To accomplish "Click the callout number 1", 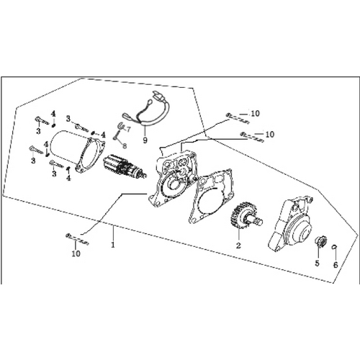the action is (x=112, y=245).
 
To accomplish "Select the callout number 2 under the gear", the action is (x=238, y=246).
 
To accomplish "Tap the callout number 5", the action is (x=318, y=264).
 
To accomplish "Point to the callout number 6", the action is (x=336, y=265).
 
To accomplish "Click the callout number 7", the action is (x=128, y=130).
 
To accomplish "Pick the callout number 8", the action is (x=125, y=145).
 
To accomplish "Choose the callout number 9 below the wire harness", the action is (x=145, y=140).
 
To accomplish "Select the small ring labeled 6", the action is (x=335, y=246).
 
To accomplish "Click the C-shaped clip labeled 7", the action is (x=120, y=126).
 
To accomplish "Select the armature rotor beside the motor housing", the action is (x=125, y=166).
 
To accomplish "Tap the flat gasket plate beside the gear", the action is (x=211, y=195).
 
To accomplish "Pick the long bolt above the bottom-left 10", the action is (x=77, y=239).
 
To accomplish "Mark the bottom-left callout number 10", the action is (x=76, y=253).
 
